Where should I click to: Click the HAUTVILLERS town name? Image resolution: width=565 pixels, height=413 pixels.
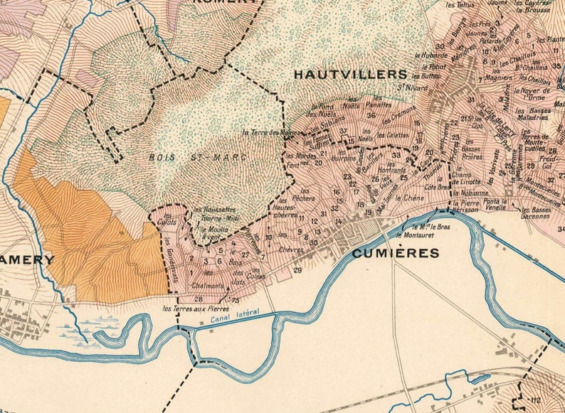click(x=350, y=74)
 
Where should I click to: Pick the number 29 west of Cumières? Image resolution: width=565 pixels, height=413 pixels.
click(x=297, y=270)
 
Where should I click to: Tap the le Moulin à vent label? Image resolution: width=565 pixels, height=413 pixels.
click(x=213, y=234)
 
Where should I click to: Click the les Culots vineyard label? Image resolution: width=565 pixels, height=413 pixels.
click(x=169, y=219)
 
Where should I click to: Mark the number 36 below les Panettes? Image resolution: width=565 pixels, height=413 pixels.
click(x=371, y=115)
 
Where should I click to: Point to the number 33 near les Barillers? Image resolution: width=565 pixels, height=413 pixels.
click(x=396, y=154)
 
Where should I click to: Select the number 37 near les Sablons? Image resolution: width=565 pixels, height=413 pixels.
click(x=343, y=131)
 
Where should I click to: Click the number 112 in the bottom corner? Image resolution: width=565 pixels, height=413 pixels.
click(x=535, y=401)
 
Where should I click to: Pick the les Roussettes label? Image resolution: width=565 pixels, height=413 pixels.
click(x=214, y=210)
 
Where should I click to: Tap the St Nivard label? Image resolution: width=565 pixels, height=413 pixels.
click(x=406, y=88)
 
